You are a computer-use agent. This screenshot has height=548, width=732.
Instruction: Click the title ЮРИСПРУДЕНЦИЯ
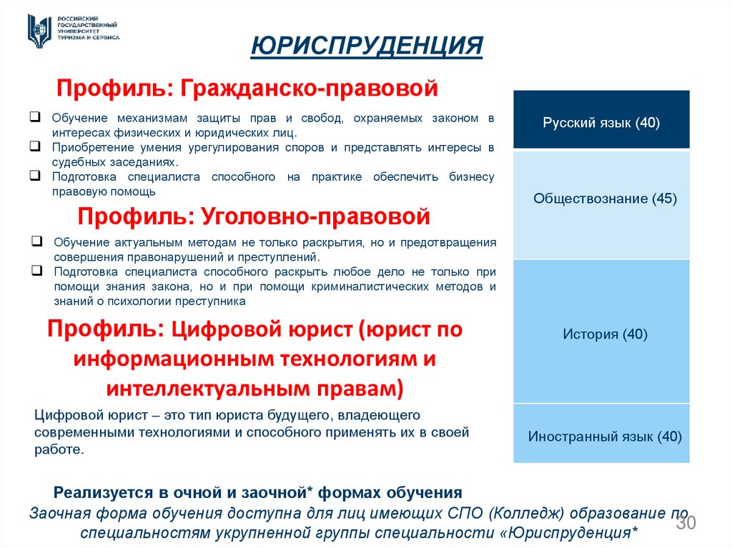(367, 46)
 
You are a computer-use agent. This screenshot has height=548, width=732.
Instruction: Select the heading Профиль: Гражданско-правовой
(247, 89)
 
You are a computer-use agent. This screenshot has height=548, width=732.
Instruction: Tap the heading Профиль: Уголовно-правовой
(254, 215)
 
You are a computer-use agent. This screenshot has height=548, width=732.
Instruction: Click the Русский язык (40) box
(601, 122)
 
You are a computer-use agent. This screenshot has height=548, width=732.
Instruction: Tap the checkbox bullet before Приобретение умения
(34, 146)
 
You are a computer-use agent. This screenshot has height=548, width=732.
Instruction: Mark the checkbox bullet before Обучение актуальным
(36, 242)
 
